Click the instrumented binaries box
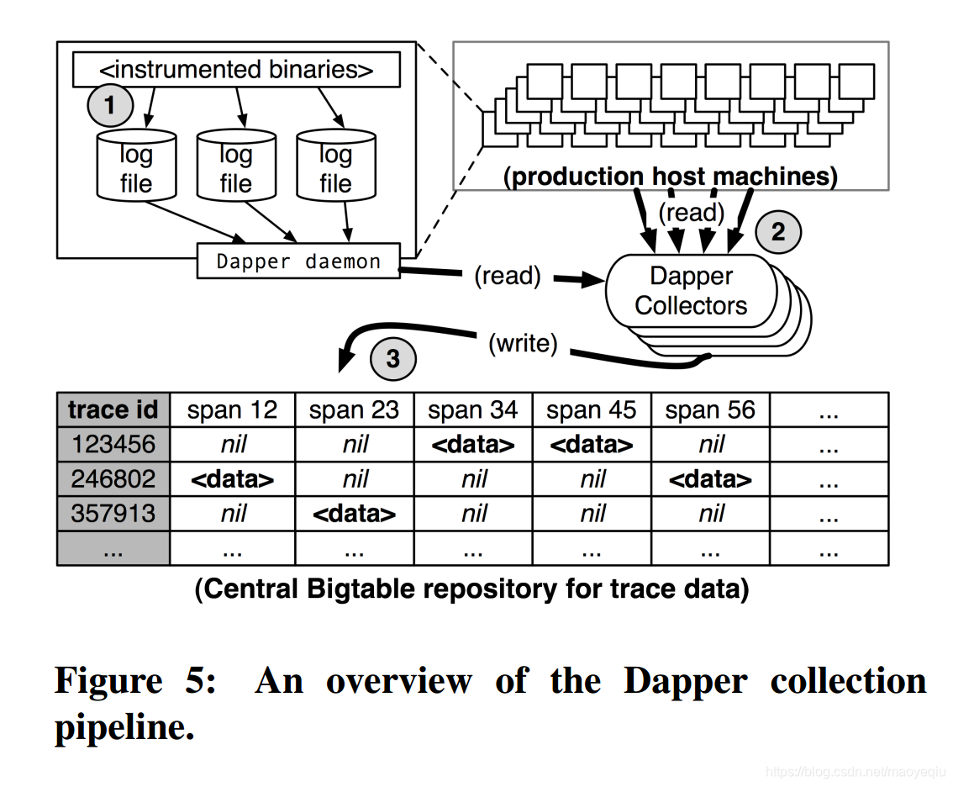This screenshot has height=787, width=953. pos(236,70)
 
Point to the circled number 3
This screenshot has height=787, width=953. pos(392,359)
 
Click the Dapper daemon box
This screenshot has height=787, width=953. pos(298,261)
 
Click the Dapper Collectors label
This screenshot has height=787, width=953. pos(691,291)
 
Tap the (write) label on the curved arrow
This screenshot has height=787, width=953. pos(523,343)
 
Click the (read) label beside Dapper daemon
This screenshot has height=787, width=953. pos(507,276)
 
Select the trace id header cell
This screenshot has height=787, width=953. pos(113,409)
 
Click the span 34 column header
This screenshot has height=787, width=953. pos(473,409)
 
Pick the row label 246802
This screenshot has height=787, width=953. pos(113,479)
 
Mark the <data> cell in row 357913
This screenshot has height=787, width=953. pos(354,514)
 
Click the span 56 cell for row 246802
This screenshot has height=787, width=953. pos(710,479)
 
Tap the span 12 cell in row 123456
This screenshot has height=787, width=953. pos(233,445)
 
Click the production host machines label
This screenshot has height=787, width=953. pos(670,177)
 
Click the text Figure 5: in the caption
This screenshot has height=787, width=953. pos(134,680)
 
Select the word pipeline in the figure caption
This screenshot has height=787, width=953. pos(124,726)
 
